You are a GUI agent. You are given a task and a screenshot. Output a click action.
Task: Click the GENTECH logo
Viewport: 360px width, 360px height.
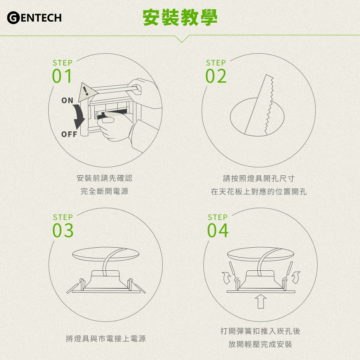coord(35,18)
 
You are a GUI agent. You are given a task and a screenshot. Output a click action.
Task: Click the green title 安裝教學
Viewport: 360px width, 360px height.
coord(180,17)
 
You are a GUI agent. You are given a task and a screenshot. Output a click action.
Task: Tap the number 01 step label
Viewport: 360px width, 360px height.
coord(62,76)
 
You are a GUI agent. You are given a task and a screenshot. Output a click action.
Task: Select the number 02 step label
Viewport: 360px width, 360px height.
coord(216,76)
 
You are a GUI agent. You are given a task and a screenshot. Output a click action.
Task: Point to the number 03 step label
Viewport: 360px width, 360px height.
coord(63,230)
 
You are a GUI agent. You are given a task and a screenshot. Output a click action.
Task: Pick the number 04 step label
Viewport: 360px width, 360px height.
coord(218,230)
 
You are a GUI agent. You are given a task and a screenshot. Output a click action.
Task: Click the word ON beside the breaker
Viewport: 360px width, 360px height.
coord(67,100)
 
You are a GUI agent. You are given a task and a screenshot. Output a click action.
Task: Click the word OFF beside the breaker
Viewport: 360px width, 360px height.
coord(69,134)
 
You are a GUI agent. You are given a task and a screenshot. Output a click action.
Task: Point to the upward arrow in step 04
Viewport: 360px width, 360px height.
coord(261,301)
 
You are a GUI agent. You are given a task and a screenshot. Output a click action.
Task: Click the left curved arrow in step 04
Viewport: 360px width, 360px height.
coord(226,278)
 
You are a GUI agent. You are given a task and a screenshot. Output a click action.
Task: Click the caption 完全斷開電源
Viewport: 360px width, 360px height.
coord(104,191)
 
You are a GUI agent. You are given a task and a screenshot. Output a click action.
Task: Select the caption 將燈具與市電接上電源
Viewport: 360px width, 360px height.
coord(106,339)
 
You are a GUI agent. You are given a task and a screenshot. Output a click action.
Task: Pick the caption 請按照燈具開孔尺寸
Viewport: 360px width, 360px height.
coord(259,179)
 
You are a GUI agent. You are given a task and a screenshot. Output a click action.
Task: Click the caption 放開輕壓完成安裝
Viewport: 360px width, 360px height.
coord(260,344)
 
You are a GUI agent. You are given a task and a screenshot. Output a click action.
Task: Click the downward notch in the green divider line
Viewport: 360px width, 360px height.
coord(182,39)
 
